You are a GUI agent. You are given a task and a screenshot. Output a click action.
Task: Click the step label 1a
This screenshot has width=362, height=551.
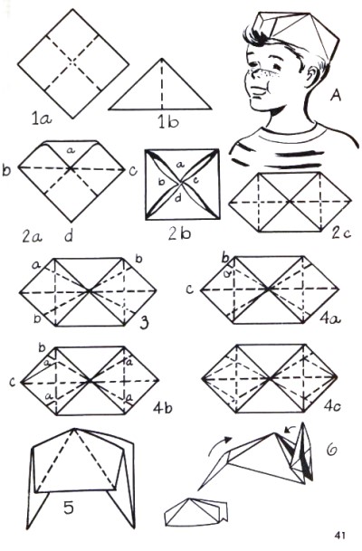pyautogui.click(x=42, y=119)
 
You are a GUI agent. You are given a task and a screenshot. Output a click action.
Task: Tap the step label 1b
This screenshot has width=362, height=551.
pyautogui.click(x=168, y=122)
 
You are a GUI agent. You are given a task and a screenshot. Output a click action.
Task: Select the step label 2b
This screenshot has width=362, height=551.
pyautogui.click(x=179, y=233)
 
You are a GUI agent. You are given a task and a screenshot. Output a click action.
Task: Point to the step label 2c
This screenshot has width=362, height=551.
pyautogui.click(x=341, y=233)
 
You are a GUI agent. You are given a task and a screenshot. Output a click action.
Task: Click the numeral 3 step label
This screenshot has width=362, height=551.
pyautogui.click(x=144, y=322)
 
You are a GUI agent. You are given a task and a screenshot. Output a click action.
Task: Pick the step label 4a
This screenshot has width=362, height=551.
pyautogui.click(x=330, y=318)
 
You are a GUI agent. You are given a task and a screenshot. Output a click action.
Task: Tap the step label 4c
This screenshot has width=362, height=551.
pyautogui.click(x=332, y=406)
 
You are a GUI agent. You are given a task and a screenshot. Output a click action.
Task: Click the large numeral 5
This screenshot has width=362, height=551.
pyautogui.click(x=69, y=507)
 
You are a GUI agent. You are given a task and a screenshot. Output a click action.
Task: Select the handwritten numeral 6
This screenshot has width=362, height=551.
pyautogui.click(x=331, y=451)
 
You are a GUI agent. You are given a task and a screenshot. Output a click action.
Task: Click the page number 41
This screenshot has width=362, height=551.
pyautogui.click(x=339, y=536)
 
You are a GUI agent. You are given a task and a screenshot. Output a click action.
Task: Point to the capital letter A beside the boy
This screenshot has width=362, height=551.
pyautogui.click(x=336, y=94)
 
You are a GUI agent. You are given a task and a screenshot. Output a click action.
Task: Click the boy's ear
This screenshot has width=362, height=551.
pyautogui.click(x=312, y=76)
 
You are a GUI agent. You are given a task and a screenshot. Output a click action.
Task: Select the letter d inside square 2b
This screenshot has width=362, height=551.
pyautogui.click(x=178, y=199)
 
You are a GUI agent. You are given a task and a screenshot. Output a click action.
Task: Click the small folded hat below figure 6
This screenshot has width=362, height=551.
pyautogui.click(x=195, y=512)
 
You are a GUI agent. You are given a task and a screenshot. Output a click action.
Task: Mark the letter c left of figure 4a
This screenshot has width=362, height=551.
pyautogui.click(x=190, y=290)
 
